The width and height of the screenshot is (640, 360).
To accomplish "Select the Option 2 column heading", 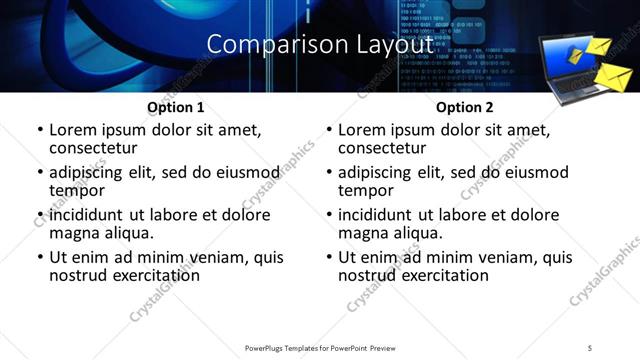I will [x=465, y=107].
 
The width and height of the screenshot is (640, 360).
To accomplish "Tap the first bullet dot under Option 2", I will [x=328, y=131].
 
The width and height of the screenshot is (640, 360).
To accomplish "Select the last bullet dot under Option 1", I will [x=40, y=258].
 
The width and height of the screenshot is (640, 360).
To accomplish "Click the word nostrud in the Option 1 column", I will [x=79, y=275].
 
